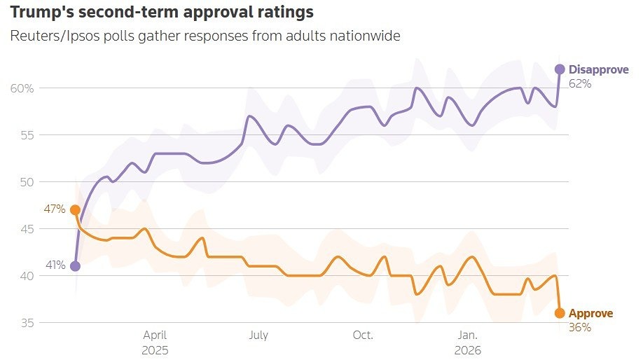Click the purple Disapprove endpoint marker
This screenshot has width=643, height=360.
pyautogui.click(x=560, y=69)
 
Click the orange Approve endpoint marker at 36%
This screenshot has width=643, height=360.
pyautogui.click(x=560, y=313)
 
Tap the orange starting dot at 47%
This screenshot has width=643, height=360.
pyautogui.click(x=75, y=209)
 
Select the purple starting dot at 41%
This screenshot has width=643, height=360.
pyautogui.click(x=75, y=265)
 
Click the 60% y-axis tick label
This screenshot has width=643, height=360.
pyautogui.click(x=22, y=88)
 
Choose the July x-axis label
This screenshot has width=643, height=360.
pyautogui.click(x=258, y=335)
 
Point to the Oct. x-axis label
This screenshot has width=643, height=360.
pyautogui.click(x=363, y=335)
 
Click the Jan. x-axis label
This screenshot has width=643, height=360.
pyautogui.click(x=467, y=335)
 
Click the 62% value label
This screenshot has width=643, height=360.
pyautogui.click(x=580, y=83)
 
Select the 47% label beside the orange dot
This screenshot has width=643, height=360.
pyautogui.click(x=56, y=209)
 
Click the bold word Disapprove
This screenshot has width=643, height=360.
pyautogui.click(x=599, y=69)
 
